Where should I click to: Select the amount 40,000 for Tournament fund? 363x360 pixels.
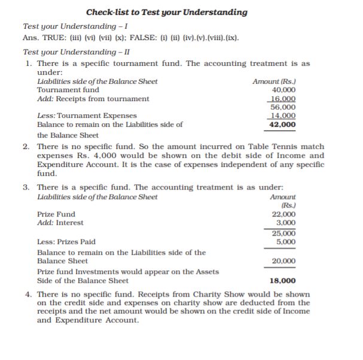283,90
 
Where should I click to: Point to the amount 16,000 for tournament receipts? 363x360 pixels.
283,99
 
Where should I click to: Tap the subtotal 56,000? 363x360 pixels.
283,107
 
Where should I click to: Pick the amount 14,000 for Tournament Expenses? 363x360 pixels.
283,115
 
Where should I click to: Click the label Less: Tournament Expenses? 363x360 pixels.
87,115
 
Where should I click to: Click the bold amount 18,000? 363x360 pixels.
283,280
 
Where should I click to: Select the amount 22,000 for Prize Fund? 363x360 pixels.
283,214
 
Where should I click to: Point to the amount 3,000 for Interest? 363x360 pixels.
286,222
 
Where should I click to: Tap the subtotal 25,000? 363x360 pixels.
283,233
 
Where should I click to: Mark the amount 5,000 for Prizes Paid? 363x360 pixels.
286,242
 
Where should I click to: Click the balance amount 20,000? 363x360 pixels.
283,261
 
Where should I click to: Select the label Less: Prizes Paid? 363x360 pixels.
66,242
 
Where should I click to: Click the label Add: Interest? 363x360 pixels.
60,223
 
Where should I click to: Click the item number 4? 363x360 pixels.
28,294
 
